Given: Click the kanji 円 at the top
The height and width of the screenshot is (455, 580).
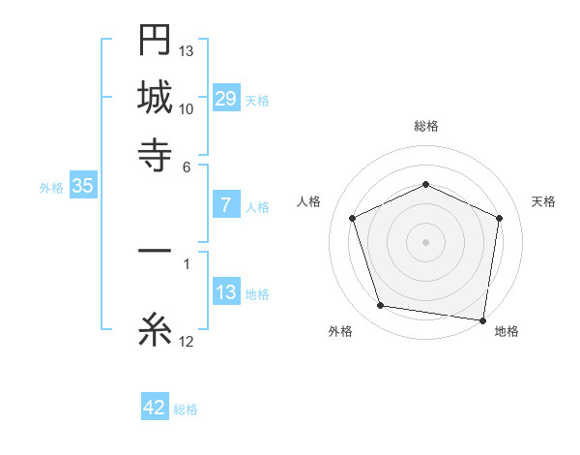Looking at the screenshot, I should click(155, 42).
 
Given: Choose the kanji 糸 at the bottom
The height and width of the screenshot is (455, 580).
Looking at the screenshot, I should click(155, 332).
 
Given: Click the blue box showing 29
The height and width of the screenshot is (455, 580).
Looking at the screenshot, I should click(226, 99).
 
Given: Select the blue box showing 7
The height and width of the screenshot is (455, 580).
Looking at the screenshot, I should click(226, 204).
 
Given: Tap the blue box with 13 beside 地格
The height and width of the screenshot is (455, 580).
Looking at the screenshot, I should click(226, 292).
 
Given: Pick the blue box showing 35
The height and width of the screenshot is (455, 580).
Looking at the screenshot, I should click(82, 187).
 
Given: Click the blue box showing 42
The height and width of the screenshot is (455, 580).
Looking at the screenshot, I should click(155, 408).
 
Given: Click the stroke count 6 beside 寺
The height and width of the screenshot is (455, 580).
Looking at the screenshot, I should click(188, 166).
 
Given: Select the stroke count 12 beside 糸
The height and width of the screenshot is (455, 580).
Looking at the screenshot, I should click(187, 341).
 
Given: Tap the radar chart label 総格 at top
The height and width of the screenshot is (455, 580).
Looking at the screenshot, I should click(425, 127).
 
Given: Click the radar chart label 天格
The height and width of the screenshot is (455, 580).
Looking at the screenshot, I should click(543, 201).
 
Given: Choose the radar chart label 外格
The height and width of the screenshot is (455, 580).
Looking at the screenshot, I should click(340, 331).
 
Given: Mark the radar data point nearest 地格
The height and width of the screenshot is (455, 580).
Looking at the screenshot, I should click(482, 319).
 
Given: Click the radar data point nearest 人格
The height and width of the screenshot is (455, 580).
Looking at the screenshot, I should click(353, 218).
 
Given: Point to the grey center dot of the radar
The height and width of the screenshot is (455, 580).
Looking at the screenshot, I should click(425, 241).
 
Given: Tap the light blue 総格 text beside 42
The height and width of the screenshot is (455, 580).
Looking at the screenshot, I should click(186, 409).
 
